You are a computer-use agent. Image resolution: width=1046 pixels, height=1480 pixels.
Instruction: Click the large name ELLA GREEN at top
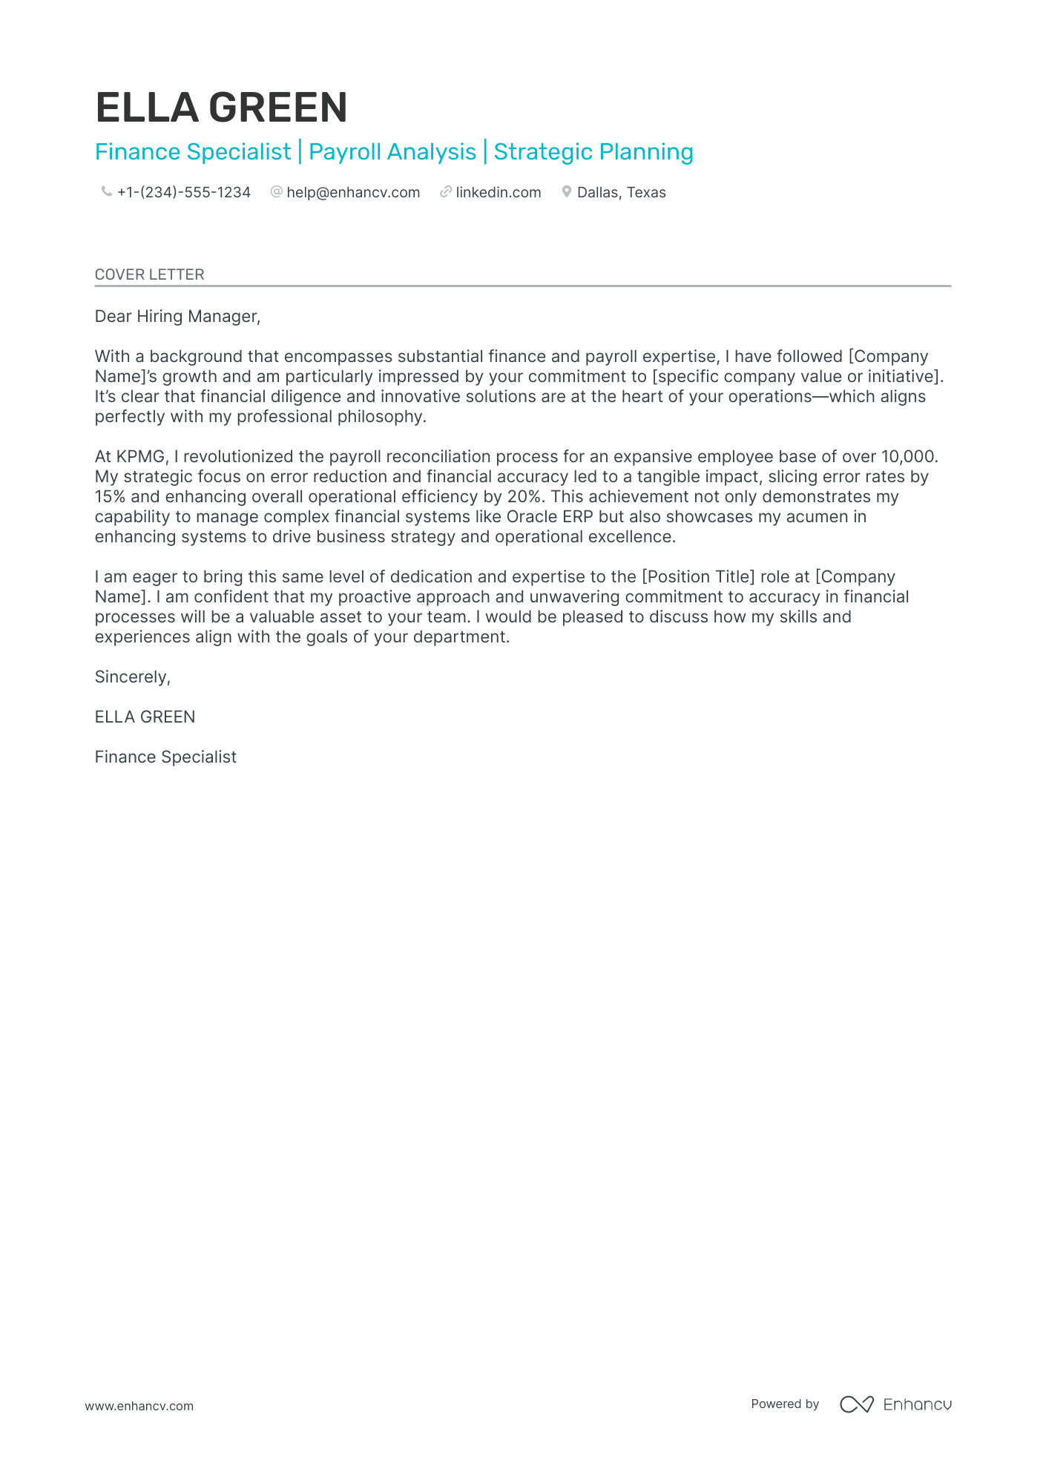(x=221, y=108)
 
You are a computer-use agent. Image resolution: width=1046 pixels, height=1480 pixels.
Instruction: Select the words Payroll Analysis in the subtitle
(x=392, y=152)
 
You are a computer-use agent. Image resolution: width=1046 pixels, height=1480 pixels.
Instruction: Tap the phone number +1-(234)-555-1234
(x=183, y=193)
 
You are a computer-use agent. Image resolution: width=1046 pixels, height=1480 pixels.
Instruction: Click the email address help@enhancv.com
(x=353, y=193)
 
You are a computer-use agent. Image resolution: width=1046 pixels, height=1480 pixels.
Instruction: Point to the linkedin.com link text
(x=498, y=193)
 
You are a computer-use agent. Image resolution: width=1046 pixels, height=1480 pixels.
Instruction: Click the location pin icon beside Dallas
(x=566, y=192)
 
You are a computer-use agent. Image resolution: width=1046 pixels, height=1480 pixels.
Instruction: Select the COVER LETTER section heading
(x=149, y=274)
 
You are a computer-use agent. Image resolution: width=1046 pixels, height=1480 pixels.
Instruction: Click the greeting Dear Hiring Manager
(x=177, y=317)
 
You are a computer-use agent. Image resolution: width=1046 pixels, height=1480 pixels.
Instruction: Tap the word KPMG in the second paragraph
(x=140, y=457)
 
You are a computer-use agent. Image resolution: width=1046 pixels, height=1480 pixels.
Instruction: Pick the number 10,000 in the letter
(x=908, y=457)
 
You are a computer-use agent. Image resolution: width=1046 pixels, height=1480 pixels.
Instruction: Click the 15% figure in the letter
(x=110, y=497)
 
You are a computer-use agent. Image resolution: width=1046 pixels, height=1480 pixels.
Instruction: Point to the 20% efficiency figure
(x=524, y=497)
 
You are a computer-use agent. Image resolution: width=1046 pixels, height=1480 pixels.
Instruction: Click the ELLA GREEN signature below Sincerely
(x=145, y=717)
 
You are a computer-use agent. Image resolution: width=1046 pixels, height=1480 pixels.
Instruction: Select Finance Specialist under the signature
(x=165, y=757)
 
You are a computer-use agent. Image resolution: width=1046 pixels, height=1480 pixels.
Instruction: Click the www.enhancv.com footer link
(x=139, y=1406)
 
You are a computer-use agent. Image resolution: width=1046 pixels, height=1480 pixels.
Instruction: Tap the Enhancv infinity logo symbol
(x=856, y=1404)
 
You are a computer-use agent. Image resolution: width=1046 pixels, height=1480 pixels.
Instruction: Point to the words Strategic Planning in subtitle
(x=593, y=152)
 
